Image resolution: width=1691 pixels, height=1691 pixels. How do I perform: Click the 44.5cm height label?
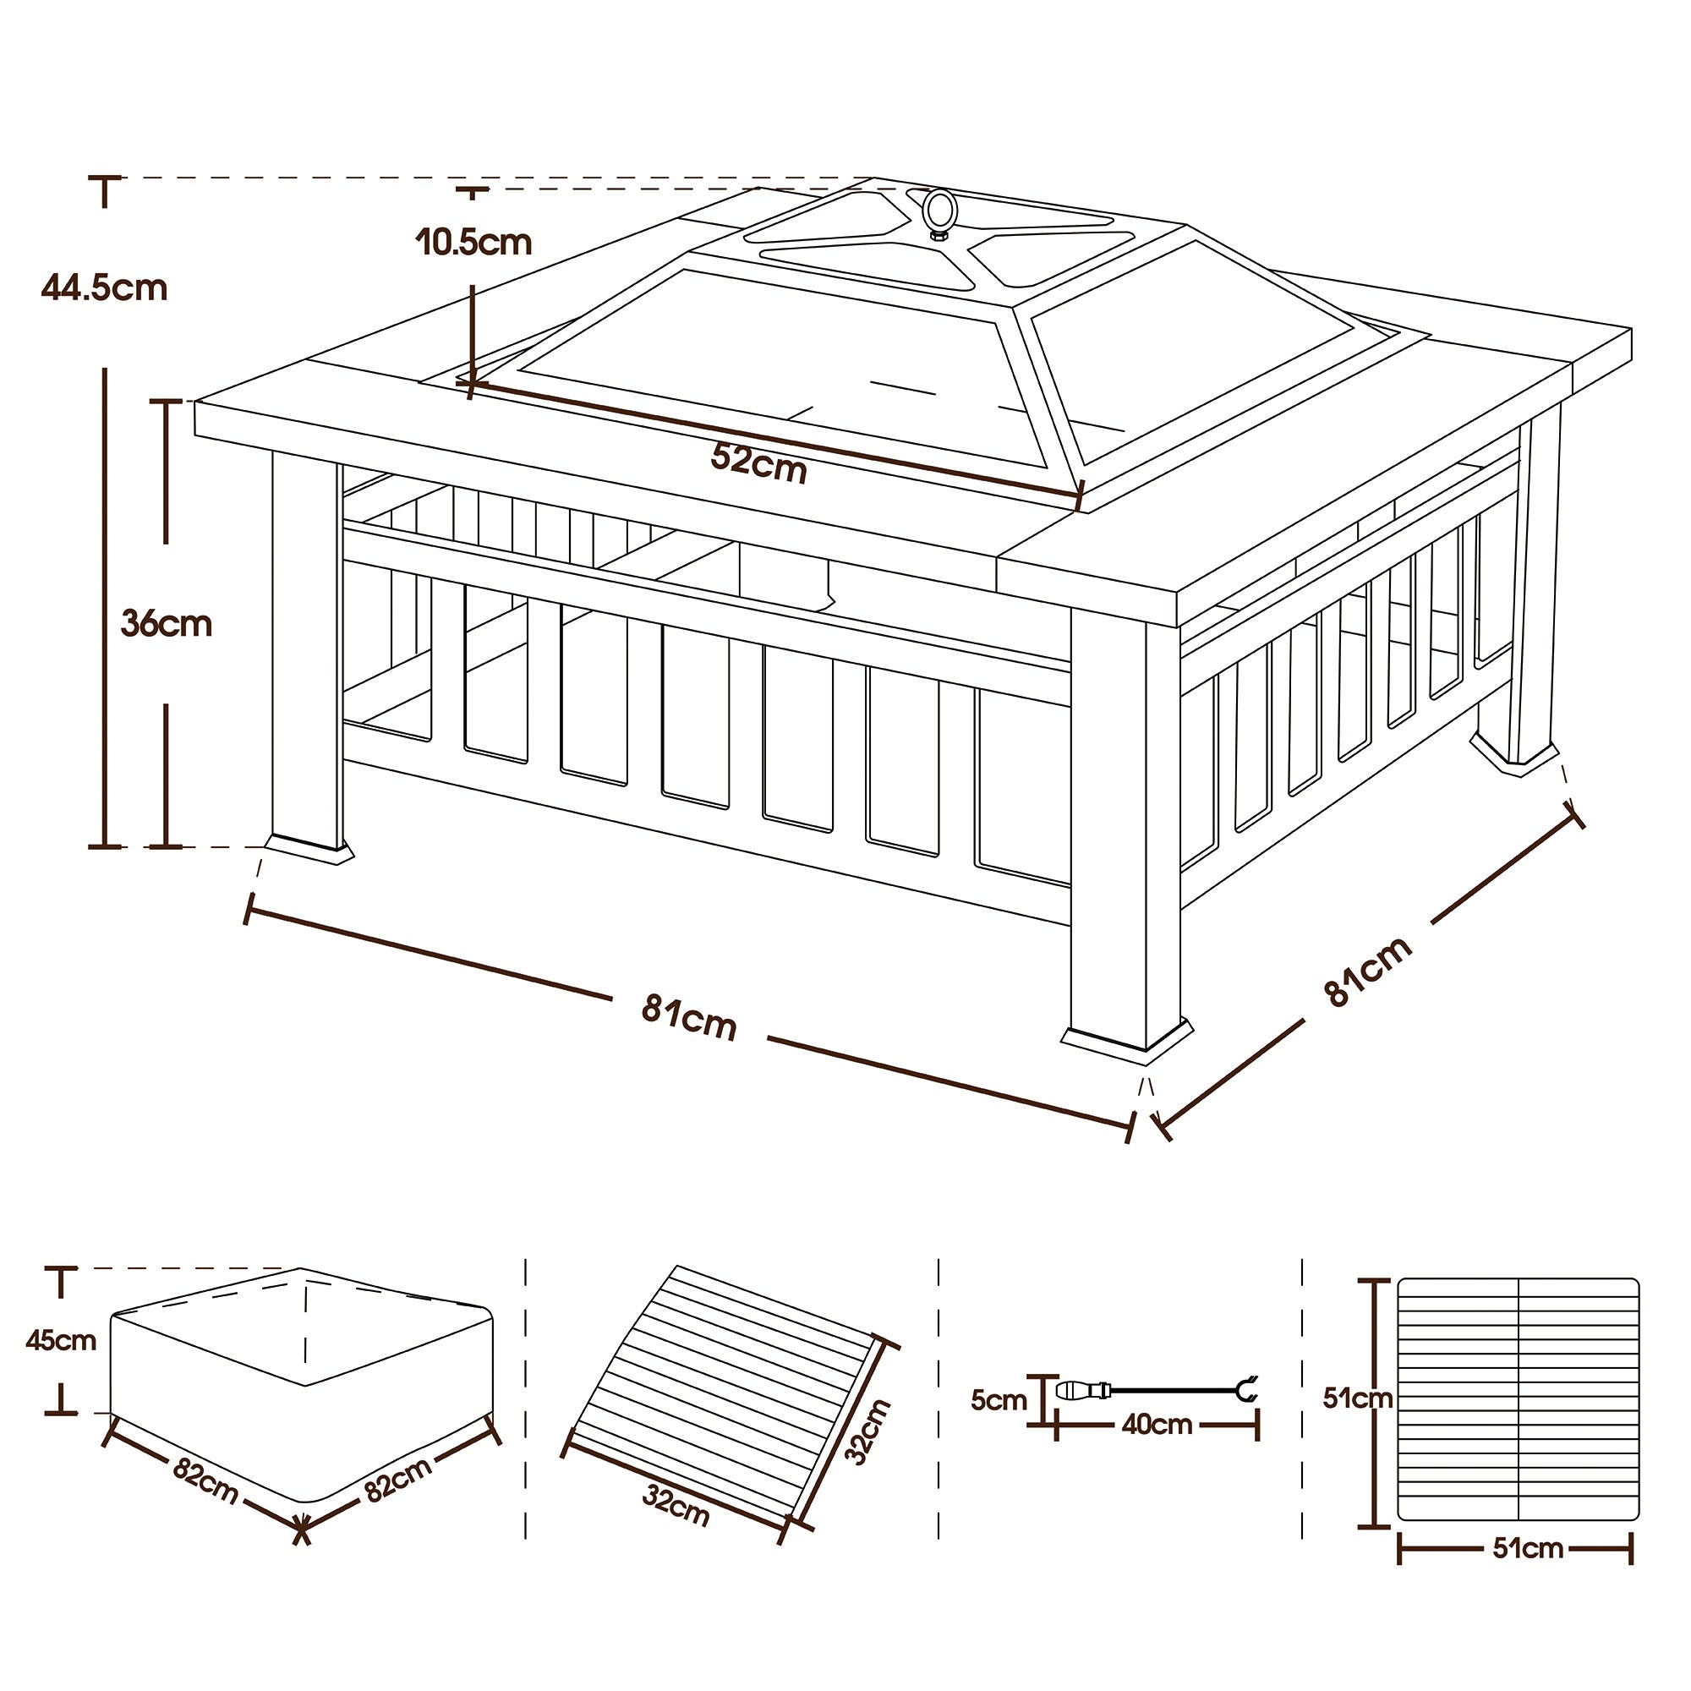[x=104, y=288]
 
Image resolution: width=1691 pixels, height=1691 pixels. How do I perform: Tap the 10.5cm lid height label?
[x=473, y=243]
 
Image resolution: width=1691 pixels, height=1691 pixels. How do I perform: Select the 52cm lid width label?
[x=758, y=462]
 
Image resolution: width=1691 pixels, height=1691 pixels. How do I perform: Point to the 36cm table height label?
[x=167, y=624]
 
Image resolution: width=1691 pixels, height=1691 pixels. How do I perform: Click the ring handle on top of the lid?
[x=939, y=213]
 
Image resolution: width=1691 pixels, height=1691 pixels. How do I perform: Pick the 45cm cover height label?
[x=60, y=1340]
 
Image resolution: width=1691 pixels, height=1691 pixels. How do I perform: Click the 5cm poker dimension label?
[x=998, y=1399]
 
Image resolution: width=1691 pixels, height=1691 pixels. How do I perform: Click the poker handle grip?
[x=1084, y=1390]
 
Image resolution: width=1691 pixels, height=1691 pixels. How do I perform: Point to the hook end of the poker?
[x=1246, y=1389]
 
